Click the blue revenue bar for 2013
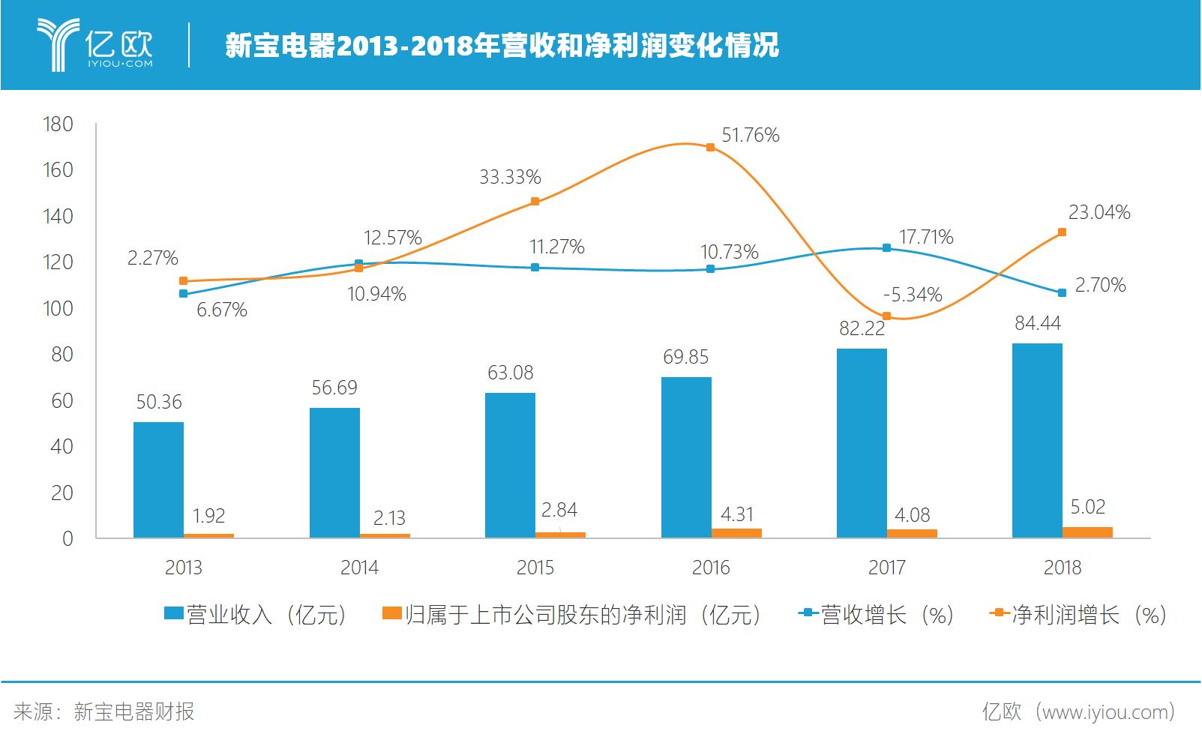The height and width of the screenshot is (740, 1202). [x=158, y=480]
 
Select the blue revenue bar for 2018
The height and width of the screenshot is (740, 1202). [x=1037, y=441]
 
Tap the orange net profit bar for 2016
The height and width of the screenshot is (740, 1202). [x=736, y=533]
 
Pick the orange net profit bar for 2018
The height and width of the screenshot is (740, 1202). [x=1087, y=532]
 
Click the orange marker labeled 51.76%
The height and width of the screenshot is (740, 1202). [x=710, y=148]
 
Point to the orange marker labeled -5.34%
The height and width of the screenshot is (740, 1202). [x=886, y=316]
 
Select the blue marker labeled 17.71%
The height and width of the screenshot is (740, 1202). [x=886, y=247]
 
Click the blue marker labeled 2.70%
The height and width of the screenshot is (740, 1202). [x=1062, y=292]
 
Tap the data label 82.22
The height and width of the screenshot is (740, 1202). [x=862, y=328]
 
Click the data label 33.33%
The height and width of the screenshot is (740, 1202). [x=510, y=177]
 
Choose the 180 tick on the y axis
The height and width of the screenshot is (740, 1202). [x=58, y=124]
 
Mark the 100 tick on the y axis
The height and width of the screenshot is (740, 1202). [x=58, y=308]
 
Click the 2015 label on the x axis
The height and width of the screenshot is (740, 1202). [x=535, y=568]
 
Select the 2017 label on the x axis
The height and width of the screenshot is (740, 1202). [x=886, y=568]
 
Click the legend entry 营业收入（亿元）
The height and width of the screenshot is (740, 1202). [x=256, y=615]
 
